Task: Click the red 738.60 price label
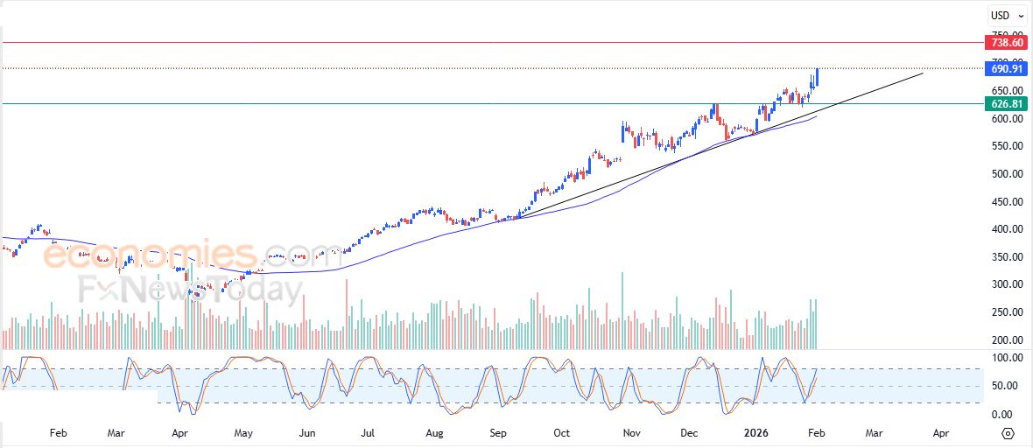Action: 1004,42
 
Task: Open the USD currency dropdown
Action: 1008,15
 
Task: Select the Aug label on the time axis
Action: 434,432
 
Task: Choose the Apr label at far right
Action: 940,432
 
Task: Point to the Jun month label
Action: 307,432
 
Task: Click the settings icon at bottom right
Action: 1008,433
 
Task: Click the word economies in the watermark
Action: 149,255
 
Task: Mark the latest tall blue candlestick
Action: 818,78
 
